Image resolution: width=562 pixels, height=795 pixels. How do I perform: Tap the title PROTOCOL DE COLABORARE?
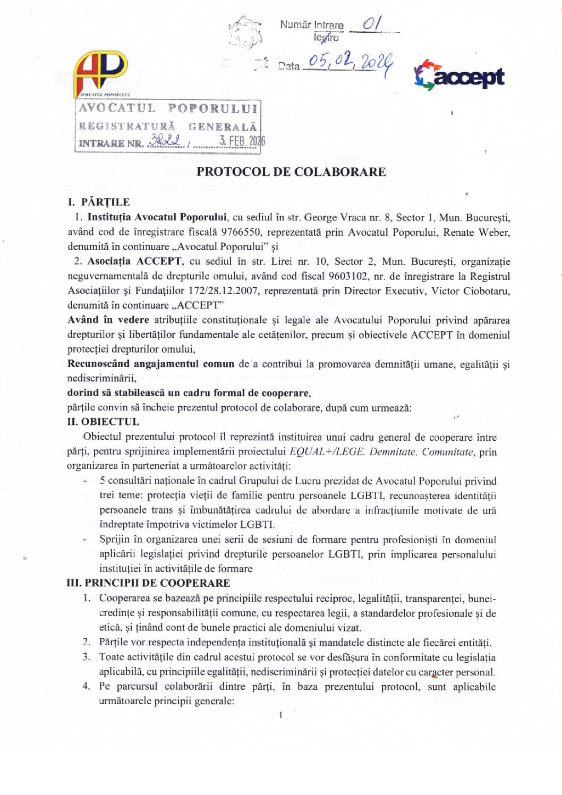click(x=291, y=172)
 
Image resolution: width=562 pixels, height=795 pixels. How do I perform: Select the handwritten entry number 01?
click(x=372, y=24)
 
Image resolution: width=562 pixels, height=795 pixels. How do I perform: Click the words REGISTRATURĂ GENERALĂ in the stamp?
click(x=168, y=126)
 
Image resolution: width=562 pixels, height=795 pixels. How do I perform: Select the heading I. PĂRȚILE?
click(x=99, y=202)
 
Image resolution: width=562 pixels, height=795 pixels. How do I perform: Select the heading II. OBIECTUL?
click(x=103, y=422)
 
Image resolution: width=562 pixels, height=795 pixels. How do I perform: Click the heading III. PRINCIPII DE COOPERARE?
click(x=148, y=583)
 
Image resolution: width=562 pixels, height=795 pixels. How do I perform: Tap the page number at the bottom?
click(x=280, y=715)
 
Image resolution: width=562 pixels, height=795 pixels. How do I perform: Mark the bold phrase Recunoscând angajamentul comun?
click(x=150, y=364)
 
